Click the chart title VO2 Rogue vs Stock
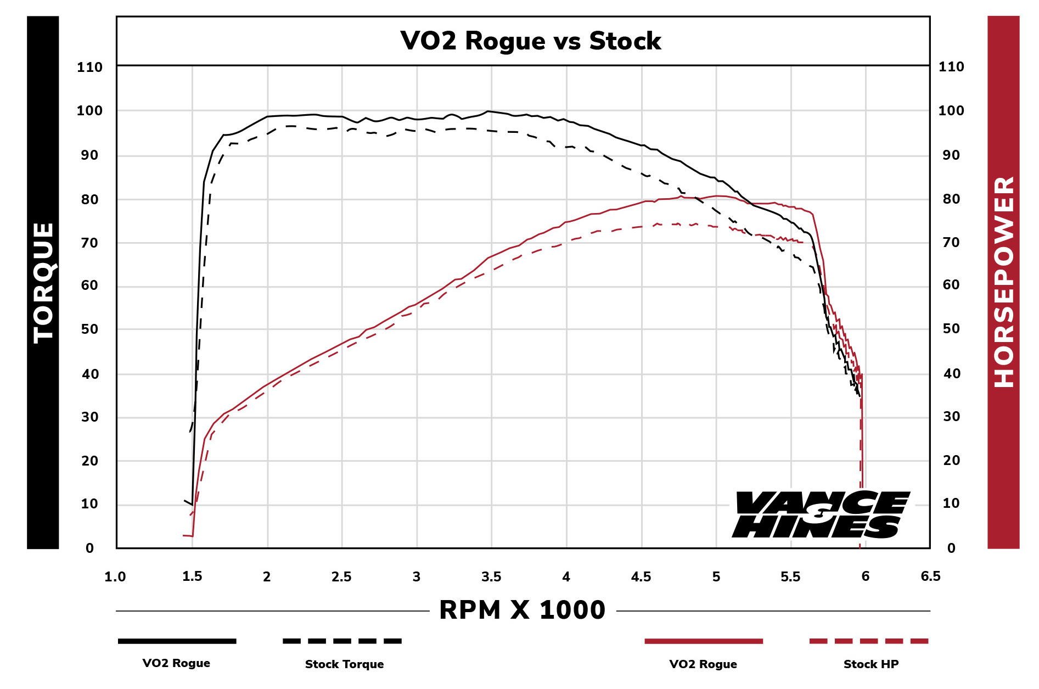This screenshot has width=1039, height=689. click(530, 41)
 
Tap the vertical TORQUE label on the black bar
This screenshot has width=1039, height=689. click(43, 283)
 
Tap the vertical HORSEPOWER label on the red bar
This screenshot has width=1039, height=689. click(1004, 282)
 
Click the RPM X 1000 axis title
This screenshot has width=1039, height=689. click(522, 610)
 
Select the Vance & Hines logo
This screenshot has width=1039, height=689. click(820, 514)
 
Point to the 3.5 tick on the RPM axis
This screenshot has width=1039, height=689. click(491, 577)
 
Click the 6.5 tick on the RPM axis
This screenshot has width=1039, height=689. click(930, 576)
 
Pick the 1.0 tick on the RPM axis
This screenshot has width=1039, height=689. click(115, 577)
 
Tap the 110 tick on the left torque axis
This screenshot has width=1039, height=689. click(89, 68)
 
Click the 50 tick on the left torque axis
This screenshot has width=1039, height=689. click(89, 329)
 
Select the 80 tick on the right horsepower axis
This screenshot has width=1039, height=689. click(951, 199)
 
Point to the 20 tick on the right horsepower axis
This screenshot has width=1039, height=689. click(951, 461)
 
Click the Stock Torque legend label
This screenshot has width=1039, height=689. click(344, 664)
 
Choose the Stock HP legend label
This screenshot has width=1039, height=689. click(870, 664)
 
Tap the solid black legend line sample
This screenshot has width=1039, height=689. click(177, 641)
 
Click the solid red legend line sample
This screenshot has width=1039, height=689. click(704, 641)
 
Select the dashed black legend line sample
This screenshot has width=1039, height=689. click(342, 641)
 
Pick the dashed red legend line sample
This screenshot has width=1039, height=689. click(869, 641)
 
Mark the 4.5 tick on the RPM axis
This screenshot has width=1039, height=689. click(641, 577)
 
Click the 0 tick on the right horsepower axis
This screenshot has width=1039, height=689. click(951, 548)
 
